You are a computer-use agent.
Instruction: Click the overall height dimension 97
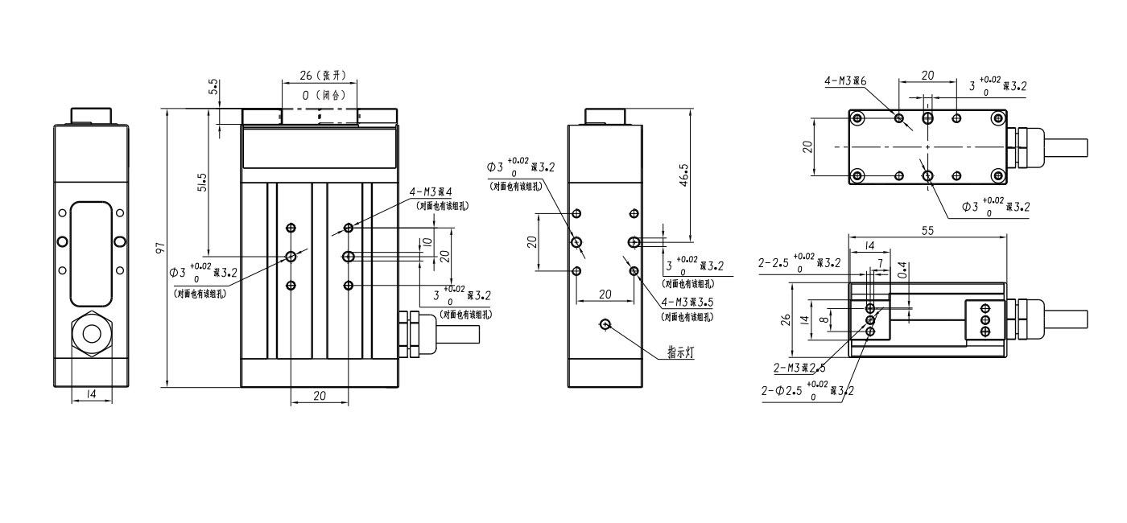(160, 248)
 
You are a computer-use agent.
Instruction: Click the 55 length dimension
(928, 230)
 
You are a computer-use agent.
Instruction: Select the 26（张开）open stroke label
(322, 76)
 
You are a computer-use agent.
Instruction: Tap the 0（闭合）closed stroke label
(323, 95)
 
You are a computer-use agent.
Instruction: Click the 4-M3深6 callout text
(844, 81)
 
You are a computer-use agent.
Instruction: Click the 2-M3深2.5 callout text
(799, 368)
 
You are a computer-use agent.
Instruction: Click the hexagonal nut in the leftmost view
(90, 334)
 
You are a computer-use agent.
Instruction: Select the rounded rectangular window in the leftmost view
(90, 249)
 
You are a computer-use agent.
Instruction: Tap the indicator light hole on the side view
(606, 324)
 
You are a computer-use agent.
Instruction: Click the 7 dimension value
(879, 263)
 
